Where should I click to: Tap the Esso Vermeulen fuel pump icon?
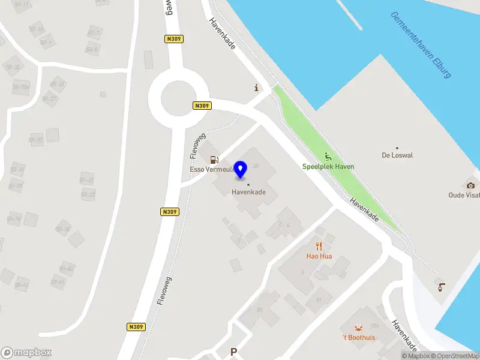click(214, 160)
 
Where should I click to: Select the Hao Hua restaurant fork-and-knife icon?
click(319, 245)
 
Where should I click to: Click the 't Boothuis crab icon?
click(359, 327)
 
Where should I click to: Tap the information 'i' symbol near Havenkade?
click(257, 88)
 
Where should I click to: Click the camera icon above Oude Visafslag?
click(470, 185)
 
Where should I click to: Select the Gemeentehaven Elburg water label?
click(420, 45)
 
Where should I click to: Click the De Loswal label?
click(397, 155)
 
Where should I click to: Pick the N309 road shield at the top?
click(173, 38)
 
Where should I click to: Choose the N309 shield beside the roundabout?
click(202, 106)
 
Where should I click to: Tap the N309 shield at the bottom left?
click(136, 327)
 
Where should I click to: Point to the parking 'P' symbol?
click(233, 352)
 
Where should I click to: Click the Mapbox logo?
click(26, 353)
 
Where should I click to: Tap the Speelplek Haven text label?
click(328, 167)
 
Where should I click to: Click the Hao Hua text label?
click(319, 256)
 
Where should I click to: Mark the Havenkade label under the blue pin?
click(249, 192)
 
